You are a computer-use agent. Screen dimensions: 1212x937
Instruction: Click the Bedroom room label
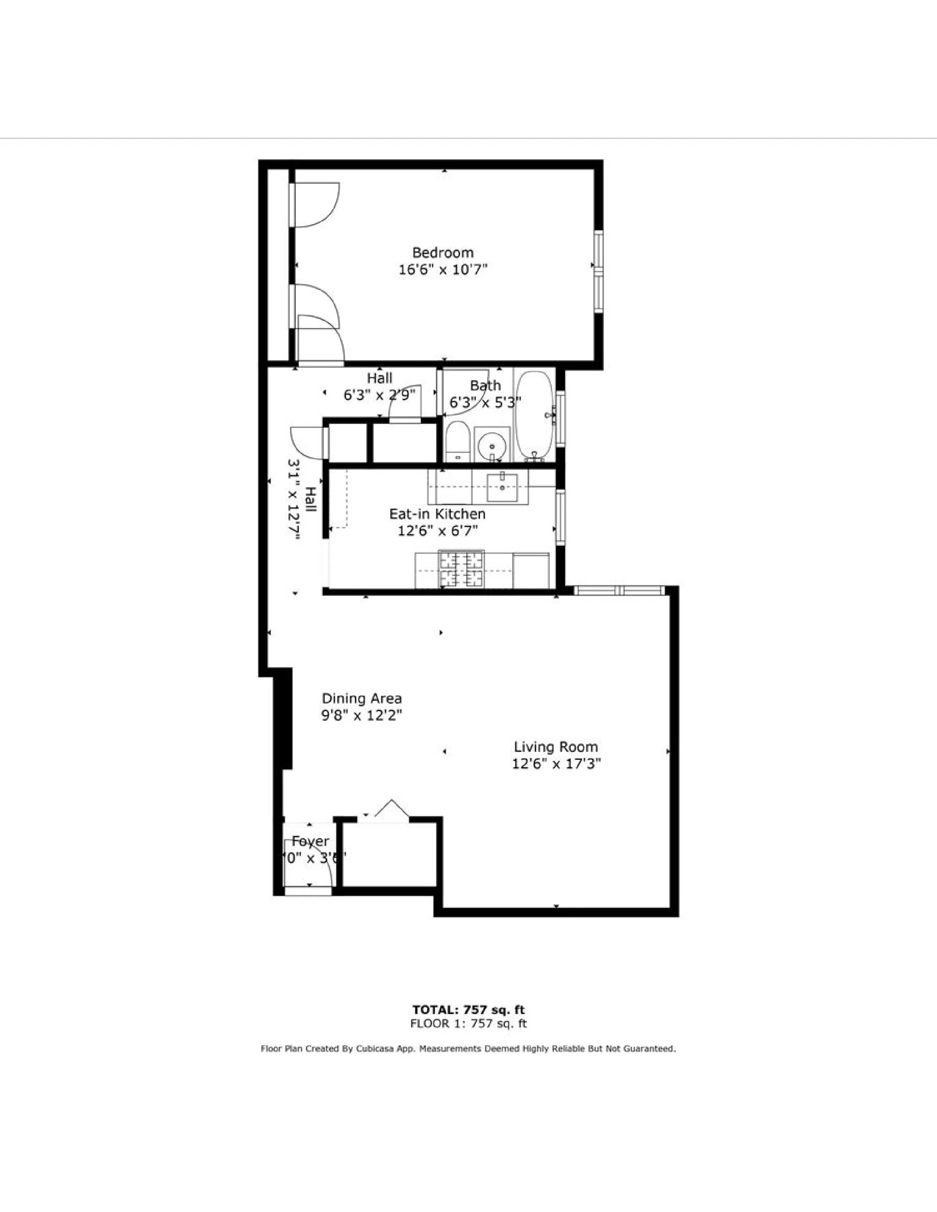coord(442,253)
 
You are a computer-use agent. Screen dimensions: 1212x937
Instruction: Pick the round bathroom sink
coord(491,444)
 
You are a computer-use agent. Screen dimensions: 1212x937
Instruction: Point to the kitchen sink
coord(502,488)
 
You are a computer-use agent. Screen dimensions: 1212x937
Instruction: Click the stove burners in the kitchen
coord(461,569)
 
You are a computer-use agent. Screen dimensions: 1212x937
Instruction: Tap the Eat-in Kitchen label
coord(437,514)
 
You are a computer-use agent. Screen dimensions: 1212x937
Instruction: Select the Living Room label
coord(556,747)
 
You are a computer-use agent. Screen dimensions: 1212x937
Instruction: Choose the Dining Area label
coord(361,699)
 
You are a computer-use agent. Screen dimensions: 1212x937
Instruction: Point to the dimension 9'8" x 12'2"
coord(361,716)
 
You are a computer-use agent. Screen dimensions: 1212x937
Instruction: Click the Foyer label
coord(310,841)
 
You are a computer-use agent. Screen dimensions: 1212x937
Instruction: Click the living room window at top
coord(619,591)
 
